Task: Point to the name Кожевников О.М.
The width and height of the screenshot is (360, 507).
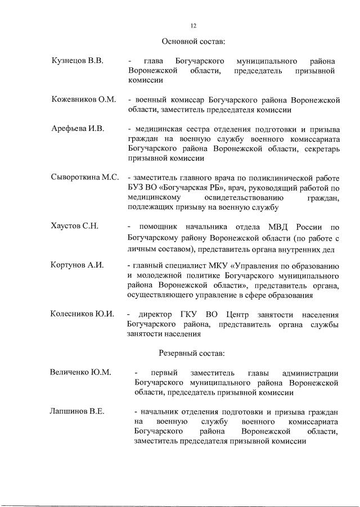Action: tap(83, 99)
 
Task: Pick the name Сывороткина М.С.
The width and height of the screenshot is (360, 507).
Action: tap(84, 178)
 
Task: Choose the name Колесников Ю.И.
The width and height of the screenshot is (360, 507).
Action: tap(82, 314)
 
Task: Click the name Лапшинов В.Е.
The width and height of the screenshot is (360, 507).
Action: tap(77, 411)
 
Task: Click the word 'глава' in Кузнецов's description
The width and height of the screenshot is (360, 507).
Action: tap(154, 61)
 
